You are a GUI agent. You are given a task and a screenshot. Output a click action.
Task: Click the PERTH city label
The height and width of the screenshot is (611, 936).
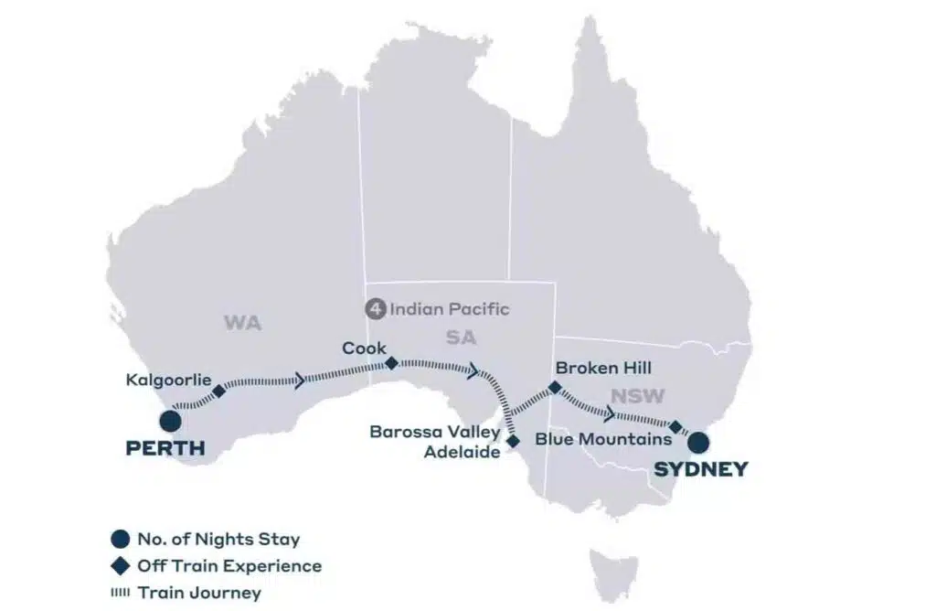[x=164, y=450]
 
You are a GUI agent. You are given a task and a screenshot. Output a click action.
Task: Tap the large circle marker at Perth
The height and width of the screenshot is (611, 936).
[x=169, y=421]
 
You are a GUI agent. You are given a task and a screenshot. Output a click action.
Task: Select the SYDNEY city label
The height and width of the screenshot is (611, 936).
[x=701, y=470]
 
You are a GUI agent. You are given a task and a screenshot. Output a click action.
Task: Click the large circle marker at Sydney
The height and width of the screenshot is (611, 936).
[x=699, y=443]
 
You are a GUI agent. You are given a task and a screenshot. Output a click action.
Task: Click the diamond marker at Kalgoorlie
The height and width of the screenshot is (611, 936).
[x=218, y=391]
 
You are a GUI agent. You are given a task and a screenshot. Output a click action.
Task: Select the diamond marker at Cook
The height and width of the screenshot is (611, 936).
[x=391, y=363]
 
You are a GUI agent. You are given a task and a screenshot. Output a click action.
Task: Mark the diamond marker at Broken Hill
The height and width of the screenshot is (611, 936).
[x=554, y=388]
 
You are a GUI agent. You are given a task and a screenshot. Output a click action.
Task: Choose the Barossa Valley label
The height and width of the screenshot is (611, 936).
[x=434, y=432]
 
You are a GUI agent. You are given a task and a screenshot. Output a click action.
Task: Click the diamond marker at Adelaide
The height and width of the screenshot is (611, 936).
[x=513, y=441]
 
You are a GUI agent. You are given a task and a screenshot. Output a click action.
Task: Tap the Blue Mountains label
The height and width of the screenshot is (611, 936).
[x=603, y=440]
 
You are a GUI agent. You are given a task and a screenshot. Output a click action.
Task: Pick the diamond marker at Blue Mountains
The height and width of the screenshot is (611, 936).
[x=675, y=427]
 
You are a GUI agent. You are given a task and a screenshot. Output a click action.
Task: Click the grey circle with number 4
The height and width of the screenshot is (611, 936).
[x=375, y=309]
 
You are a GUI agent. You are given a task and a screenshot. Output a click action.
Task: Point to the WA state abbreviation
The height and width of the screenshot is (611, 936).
[x=242, y=323]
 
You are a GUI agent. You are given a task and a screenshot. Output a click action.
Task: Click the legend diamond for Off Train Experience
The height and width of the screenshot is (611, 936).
[x=119, y=566]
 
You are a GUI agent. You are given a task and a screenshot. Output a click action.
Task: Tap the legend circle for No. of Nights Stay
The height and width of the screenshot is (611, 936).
[x=119, y=540]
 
